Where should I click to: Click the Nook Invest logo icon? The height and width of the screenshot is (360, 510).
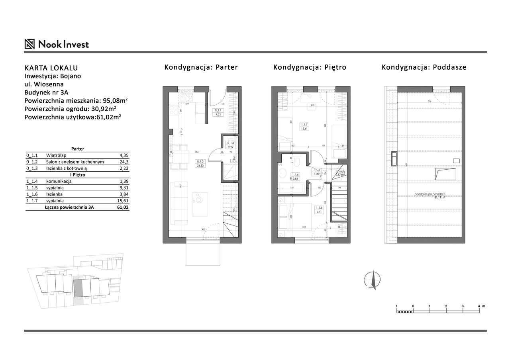30,44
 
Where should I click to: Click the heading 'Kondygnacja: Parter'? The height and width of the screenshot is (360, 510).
201,67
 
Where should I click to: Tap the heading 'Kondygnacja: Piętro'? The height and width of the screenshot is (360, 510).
310,67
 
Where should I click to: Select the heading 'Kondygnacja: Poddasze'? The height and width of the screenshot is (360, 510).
424,67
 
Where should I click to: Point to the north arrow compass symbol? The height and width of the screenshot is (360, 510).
373,279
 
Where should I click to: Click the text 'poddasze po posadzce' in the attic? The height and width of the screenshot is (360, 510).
430,194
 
